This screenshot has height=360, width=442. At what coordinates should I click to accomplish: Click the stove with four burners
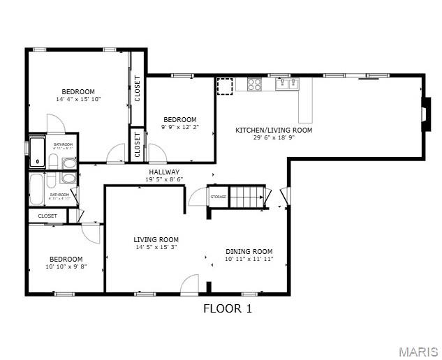(x=255, y=84)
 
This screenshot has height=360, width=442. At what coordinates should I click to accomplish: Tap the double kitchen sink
(x=287, y=84)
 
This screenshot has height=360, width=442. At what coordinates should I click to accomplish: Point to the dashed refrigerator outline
(x=225, y=86)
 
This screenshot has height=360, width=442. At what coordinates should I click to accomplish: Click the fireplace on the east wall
(x=424, y=112)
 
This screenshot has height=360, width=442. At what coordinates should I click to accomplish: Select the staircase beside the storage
(x=249, y=197)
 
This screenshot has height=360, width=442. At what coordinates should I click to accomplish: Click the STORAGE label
(x=219, y=197)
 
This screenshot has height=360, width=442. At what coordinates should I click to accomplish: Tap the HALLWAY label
(x=164, y=172)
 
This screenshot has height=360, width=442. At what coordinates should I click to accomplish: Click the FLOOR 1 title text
(x=227, y=308)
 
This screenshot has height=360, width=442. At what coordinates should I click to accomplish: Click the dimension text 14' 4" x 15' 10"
(x=78, y=99)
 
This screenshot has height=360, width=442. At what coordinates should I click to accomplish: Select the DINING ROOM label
(x=249, y=251)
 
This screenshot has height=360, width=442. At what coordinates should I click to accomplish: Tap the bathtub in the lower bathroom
(x=37, y=188)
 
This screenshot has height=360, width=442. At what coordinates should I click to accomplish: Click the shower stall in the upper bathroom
(x=38, y=153)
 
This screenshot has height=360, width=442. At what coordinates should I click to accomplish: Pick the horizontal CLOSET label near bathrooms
(x=47, y=216)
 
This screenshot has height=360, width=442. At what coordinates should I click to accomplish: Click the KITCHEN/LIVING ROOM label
(x=274, y=130)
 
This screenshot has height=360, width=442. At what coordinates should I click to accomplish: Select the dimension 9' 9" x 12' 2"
(x=179, y=127)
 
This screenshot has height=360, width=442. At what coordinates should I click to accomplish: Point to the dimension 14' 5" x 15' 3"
(x=156, y=247)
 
